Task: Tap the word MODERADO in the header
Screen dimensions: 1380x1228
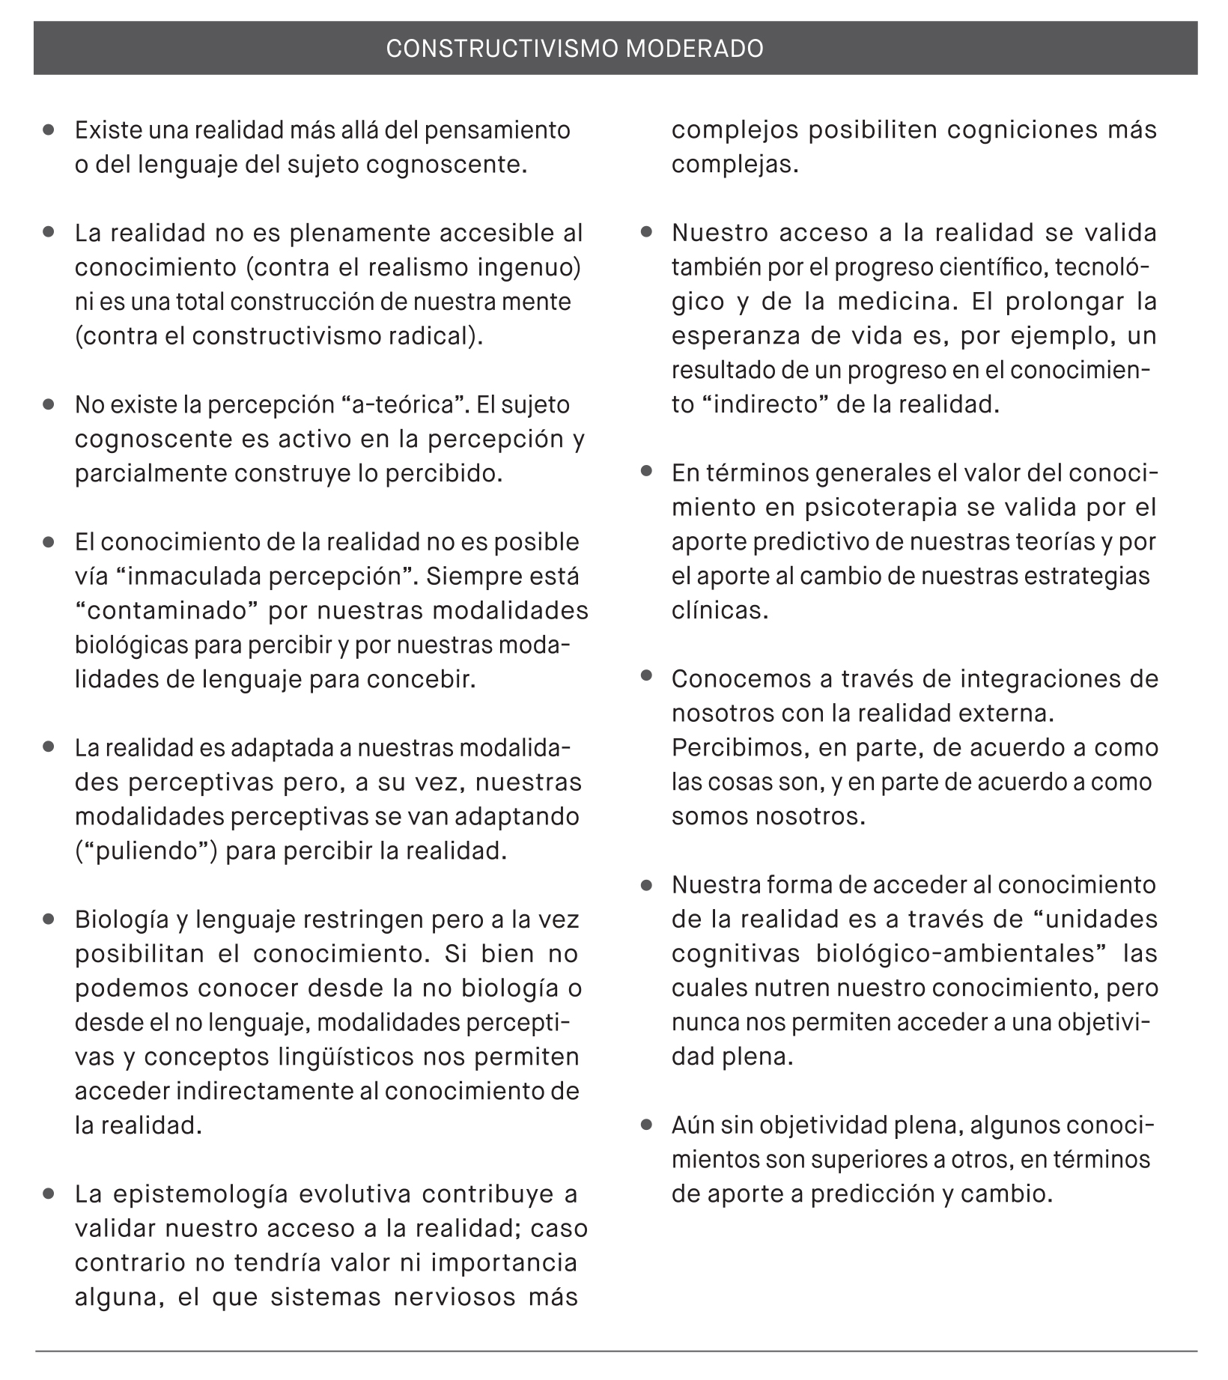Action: [x=694, y=49]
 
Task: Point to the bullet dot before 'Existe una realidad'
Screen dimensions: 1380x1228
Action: [x=49, y=130]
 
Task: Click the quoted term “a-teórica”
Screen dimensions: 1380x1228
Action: [x=404, y=405]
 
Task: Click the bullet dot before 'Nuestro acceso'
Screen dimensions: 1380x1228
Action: [x=647, y=233]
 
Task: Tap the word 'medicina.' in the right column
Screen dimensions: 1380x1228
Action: [x=895, y=302]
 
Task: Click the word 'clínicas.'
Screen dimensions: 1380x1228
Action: [x=720, y=611]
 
